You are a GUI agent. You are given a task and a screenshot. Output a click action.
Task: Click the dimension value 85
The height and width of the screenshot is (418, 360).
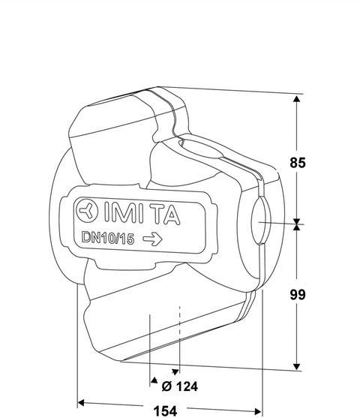click(298, 163)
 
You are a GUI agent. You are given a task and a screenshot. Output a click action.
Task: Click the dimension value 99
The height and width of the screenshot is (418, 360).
click(298, 295)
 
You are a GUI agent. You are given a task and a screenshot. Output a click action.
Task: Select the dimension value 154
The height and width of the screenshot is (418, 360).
click(165, 411)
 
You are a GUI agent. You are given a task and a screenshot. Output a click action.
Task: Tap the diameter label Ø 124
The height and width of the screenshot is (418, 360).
click(180, 386)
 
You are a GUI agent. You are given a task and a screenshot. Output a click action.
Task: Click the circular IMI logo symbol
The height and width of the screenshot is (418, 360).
click(87, 211)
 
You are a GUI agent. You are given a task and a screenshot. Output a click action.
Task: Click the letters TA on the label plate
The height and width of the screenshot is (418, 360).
click(167, 215)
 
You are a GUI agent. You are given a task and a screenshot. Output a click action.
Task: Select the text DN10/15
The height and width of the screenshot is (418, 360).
click(108, 238)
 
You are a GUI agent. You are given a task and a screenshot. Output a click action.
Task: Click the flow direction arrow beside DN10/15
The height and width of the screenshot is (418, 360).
click(152, 239)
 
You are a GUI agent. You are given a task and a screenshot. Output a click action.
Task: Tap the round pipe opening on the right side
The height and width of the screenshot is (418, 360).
click(260, 221)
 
